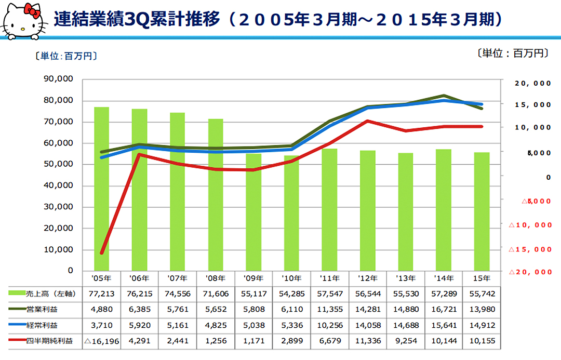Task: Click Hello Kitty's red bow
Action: (x=33, y=9)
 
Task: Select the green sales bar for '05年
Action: (x=101, y=187)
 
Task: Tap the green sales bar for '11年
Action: (x=330, y=208)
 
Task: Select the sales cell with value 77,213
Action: (x=101, y=294)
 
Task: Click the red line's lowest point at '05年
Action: (x=102, y=253)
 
